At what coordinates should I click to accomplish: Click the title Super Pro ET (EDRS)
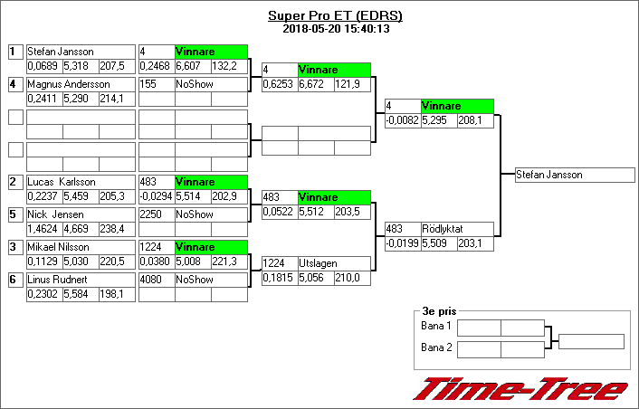pyautogui.click(x=335, y=15)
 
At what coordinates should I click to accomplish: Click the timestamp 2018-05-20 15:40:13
pyautogui.click(x=335, y=28)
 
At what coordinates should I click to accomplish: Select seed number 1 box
pyautogui.click(x=14, y=52)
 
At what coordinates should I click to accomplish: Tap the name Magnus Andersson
pyautogui.click(x=63, y=84)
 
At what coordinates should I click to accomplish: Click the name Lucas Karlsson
pyautogui.click(x=62, y=182)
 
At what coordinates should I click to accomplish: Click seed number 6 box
pyautogui.click(x=14, y=280)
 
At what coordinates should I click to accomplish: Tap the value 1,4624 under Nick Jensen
pyautogui.click(x=43, y=229)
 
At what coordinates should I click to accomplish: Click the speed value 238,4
pyautogui.click(x=115, y=229)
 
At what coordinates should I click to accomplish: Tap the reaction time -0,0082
pyautogui.click(x=403, y=120)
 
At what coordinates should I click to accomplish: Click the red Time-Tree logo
pyautogui.click(x=520, y=388)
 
